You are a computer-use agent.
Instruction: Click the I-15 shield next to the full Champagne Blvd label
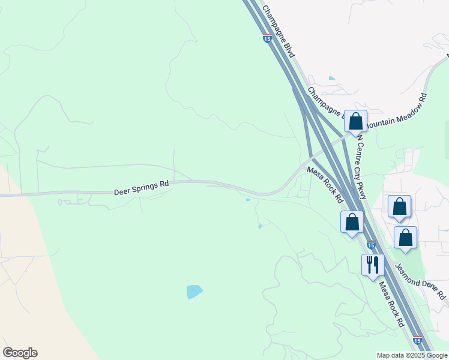[267, 39]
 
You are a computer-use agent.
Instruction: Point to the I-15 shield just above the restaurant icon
[371, 245]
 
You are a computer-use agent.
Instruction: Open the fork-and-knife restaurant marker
[373, 265]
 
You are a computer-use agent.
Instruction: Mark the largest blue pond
[194, 292]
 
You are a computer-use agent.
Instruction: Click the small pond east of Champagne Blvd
[332, 78]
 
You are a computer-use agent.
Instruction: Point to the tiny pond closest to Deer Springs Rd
[248, 200]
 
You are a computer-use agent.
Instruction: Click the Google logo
[20, 353]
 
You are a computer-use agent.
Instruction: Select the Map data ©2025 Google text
[411, 355]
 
